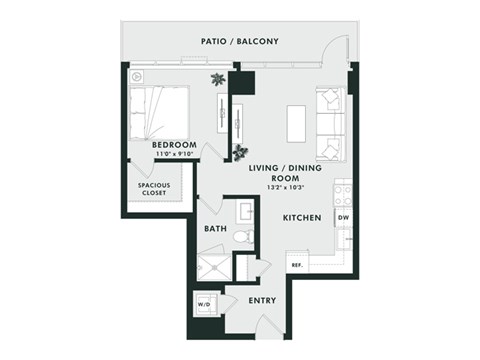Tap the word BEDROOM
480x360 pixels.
(x=171, y=145)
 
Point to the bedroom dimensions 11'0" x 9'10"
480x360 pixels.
(x=171, y=155)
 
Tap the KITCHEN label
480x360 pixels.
(x=301, y=217)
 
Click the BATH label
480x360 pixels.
(x=215, y=229)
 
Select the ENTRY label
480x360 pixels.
(x=262, y=301)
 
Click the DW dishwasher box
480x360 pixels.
(x=343, y=217)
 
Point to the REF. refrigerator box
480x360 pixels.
(x=296, y=265)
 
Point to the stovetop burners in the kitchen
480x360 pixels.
(x=342, y=191)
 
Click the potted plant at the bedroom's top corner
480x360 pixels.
(x=217, y=80)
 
